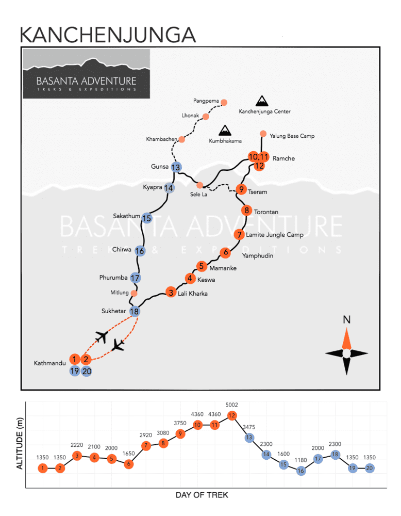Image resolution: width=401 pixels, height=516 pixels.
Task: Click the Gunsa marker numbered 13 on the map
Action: (176, 167)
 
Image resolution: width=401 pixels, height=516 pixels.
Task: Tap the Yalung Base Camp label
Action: (292, 136)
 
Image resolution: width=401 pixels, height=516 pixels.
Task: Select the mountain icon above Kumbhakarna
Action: (225, 131)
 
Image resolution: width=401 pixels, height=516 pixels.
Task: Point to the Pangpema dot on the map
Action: (224, 102)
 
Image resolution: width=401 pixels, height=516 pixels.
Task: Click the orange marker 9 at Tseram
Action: (241, 189)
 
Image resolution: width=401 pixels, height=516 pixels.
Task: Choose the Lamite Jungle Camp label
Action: (274, 235)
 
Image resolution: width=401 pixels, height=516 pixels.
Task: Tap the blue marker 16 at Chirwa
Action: (140, 251)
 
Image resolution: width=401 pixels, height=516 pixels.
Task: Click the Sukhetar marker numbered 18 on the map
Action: (135, 311)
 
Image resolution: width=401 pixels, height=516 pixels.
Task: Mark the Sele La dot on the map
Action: (200, 185)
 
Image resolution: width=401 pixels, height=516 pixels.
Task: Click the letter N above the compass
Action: (347, 319)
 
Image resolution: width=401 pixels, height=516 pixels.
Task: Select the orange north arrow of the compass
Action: (346, 338)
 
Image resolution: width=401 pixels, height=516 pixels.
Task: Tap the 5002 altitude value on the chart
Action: (232, 405)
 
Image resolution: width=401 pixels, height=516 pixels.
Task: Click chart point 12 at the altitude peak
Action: (232, 415)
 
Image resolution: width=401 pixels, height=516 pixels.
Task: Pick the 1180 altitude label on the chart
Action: (301, 460)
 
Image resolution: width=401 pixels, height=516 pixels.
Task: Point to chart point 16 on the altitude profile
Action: (301, 471)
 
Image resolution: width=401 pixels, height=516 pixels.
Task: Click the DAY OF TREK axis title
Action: (202, 495)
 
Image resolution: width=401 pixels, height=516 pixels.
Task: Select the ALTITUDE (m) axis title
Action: (20, 443)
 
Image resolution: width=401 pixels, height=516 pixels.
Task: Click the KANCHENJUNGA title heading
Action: (108, 35)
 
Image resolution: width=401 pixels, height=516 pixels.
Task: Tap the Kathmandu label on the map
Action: (50, 363)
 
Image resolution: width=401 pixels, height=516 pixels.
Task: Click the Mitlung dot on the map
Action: (134, 293)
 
